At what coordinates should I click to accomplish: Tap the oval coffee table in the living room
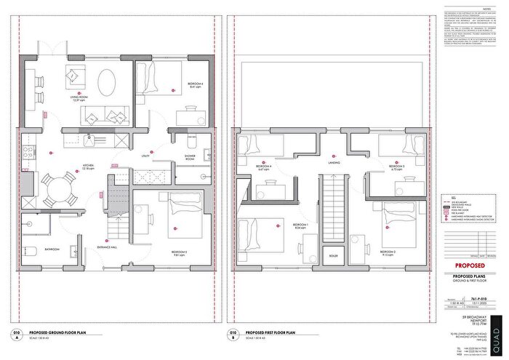(107, 80)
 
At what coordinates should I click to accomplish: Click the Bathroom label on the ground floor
(51, 248)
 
